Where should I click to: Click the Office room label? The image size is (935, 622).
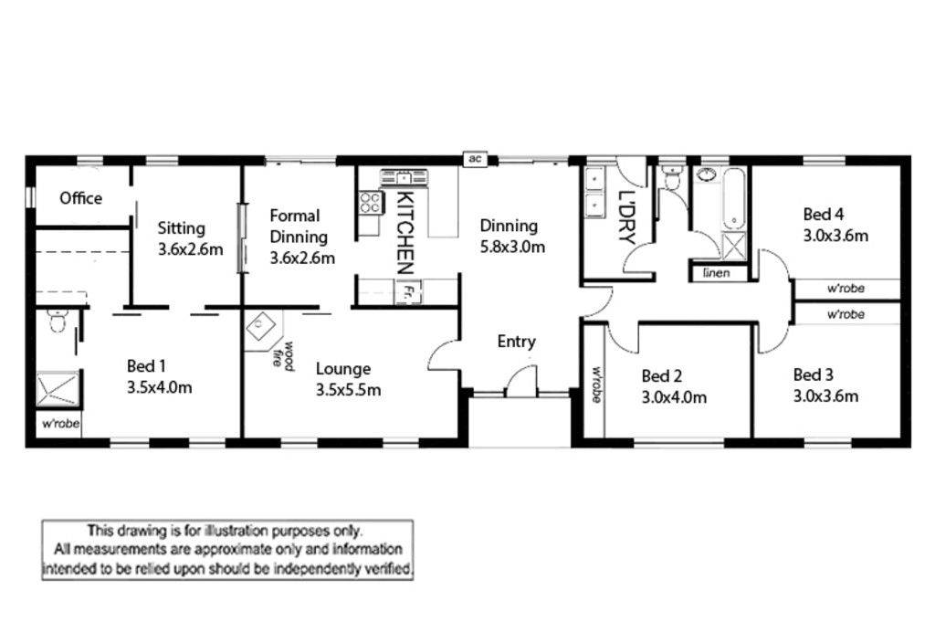80,198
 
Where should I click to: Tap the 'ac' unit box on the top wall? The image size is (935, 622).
475,159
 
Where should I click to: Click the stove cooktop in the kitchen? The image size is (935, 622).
371,203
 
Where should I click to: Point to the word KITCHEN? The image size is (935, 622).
404,232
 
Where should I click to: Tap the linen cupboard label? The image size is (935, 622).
716,272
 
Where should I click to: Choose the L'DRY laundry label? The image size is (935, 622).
626,216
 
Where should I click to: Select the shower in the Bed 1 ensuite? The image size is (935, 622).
58,389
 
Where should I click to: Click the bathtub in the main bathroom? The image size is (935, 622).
733,198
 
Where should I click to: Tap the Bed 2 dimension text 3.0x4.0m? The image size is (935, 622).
674,398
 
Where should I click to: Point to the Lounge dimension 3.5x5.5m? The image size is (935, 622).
348,391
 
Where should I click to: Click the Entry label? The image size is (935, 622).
517,342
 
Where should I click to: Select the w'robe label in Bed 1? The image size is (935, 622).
60,424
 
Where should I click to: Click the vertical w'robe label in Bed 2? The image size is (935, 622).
595,384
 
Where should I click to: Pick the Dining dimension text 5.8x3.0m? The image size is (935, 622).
512,247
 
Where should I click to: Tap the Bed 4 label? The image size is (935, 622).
823,214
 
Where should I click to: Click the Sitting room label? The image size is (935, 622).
182,228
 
